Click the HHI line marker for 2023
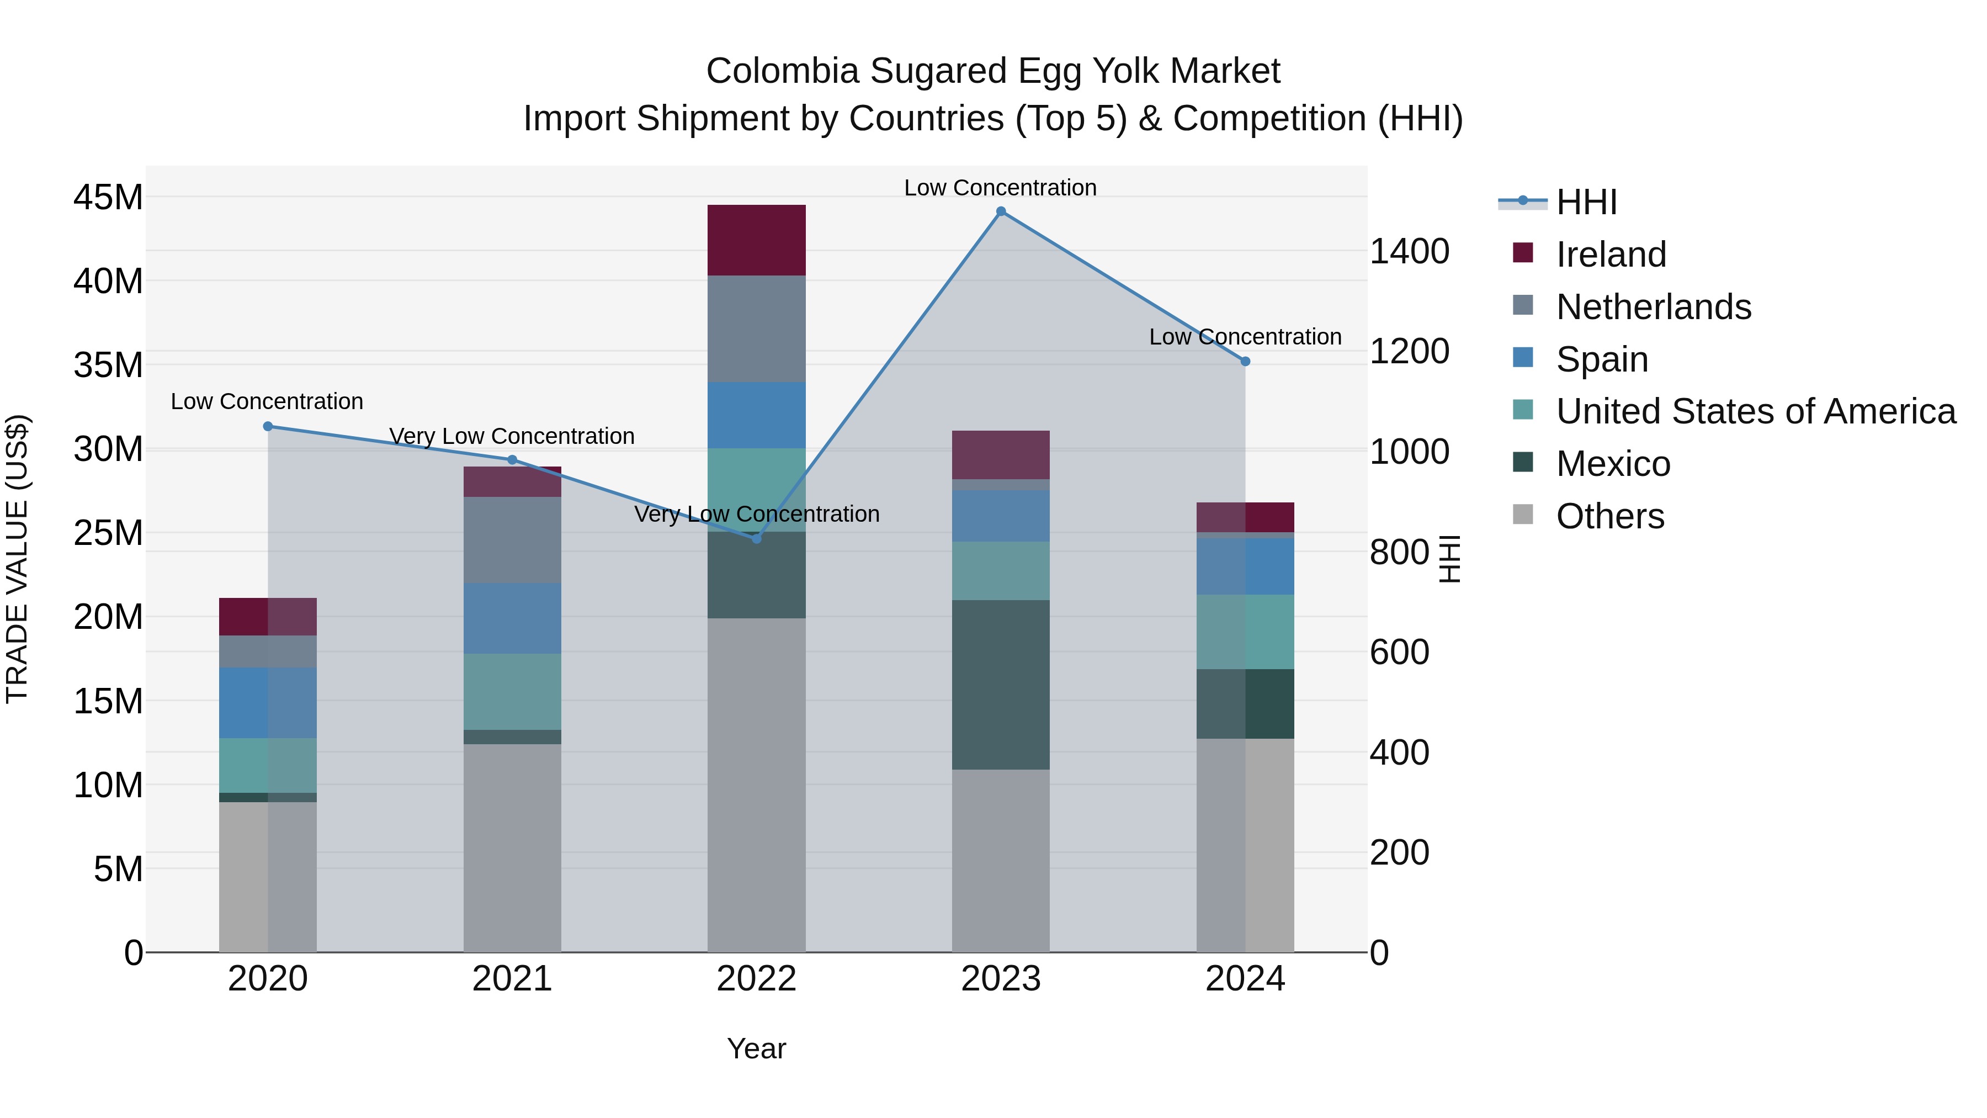click(1001, 211)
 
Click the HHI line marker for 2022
click(757, 538)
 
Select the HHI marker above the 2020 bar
click(268, 427)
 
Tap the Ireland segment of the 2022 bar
click(757, 240)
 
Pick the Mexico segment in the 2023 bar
click(1001, 685)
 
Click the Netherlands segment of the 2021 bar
click(512, 540)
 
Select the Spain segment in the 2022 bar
click(757, 415)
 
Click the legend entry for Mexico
click(1613, 464)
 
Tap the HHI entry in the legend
click(1586, 202)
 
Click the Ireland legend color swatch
click(1523, 252)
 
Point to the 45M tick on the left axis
click(108, 198)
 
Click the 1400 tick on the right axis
click(1409, 252)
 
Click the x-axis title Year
click(756, 1048)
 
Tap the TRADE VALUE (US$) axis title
click(17, 559)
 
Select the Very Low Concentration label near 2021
click(512, 436)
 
